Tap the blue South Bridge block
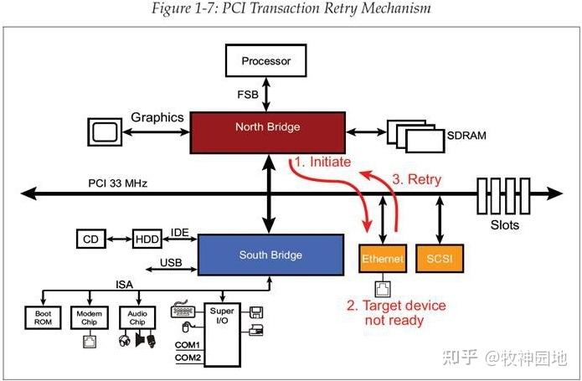tap(270, 255)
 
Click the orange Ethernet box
tap(382, 260)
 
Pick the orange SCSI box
tap(439, 260)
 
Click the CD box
tap(90, 239)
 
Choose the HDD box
tap(147, 239)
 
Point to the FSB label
tap(251, 95)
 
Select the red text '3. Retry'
tap(416, 178)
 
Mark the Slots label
tap(503, 224)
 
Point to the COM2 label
tap(187, 358)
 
